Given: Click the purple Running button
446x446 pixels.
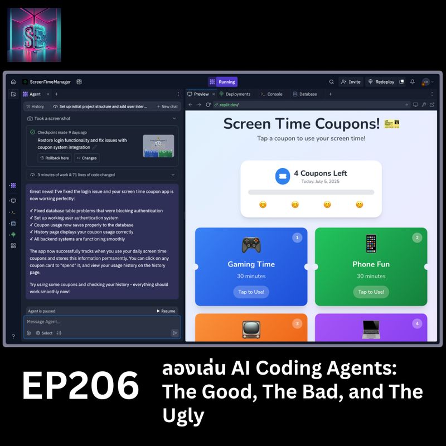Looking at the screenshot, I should (226, 81).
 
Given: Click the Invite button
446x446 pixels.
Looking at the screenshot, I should (351, 81).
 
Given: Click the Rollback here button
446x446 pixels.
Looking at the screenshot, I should (55, 158).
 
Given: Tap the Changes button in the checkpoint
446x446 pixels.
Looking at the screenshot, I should (86, 158).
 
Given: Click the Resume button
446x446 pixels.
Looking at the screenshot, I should (165, 311).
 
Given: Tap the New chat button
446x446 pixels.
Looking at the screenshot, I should (167, 106).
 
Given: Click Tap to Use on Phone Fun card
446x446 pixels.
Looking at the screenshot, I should (371, 292).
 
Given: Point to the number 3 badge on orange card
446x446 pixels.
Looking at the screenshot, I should (297, 323).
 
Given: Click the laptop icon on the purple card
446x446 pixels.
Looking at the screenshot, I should (371, 329).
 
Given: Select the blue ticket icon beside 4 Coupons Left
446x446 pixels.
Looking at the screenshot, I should (283, 176).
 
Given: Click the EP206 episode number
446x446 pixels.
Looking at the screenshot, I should (80, 386).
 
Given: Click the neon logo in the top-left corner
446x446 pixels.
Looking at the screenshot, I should (34, 35).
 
